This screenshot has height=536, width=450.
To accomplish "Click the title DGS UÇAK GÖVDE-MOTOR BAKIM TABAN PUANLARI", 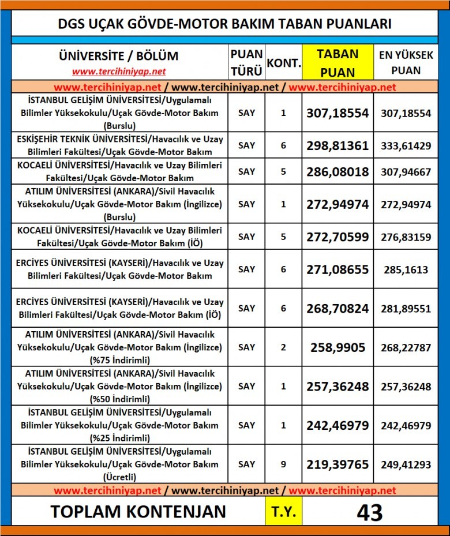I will click(x=224, y=24).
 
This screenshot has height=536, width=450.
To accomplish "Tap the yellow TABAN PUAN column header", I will click(x=337, y=62).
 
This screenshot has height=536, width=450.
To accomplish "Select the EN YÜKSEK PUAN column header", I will click(x=406, y=62).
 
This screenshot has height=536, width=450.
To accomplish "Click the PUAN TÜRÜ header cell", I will click(x=246, y=62).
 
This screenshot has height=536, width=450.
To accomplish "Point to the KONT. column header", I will click(x=283, y=62).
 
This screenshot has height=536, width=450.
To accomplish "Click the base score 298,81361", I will click(x=337, y=145).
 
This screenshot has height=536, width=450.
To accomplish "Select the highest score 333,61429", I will click(x=406, y=145).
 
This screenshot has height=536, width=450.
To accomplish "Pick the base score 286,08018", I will click(x=337, y=171).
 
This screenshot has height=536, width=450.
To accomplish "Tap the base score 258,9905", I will click(x=337, y=347).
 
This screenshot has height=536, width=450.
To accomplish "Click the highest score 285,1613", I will click(x=406, y=269).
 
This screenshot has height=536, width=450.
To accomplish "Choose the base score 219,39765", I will click(x=337, y=464).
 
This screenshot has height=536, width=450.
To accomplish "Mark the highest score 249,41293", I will click(x=406, y=464).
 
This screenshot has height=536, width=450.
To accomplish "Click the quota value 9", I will click(x=283, y=464).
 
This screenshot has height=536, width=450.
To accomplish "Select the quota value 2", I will click(x=283, y=347).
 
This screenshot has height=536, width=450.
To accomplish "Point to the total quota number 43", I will click(x=370, y=512).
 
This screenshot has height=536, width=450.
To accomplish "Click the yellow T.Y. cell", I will click(x=283, y=512).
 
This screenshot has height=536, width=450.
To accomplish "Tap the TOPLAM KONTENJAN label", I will click(x=138, y=512).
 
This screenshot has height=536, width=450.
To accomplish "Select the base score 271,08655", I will click(x=337, y=269).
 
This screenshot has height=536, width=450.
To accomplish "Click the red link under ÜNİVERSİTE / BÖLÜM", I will click(x=119, y=72).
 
